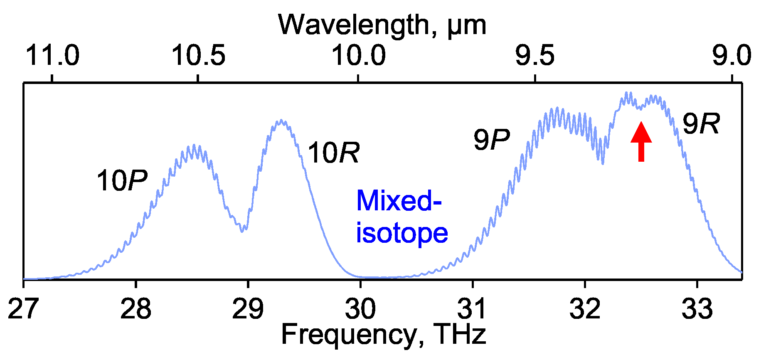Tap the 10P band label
pos(122,181)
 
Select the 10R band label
pos(333,153)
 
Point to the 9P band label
pos(491,140)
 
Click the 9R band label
pos(701,124)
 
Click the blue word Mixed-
pos(399,201)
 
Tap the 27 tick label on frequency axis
pos(23,309)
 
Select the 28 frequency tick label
pos(135,309)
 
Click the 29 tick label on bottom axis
pos(248,309)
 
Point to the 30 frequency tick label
pos(360,309)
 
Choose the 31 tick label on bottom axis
pos(473,309)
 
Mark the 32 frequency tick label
pos(585,309)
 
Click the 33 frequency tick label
pos(697,309)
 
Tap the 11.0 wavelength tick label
pos(52,56)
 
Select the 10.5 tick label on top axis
pos(198,56)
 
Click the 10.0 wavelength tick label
pos(359,56)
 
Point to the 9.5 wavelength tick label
pos(535,56)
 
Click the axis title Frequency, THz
pos(383,334)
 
